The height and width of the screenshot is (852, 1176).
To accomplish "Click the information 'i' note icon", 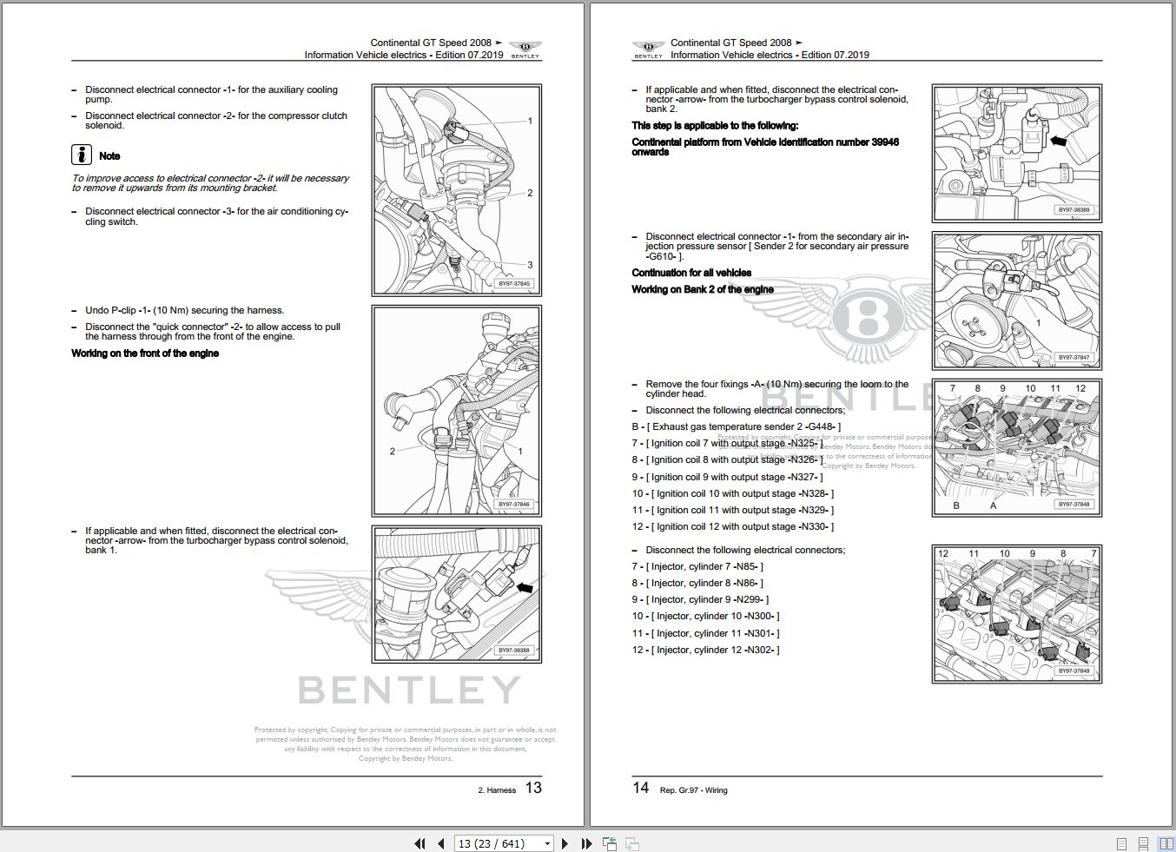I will point(81,155).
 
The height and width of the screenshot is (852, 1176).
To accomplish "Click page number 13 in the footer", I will point(533,788).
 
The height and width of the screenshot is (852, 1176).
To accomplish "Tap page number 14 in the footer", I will point(640,788).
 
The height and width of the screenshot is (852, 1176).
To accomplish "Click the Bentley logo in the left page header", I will point(525,49).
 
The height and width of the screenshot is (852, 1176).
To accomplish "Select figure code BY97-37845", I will point(514,283).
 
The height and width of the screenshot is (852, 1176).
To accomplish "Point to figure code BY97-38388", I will point(514,651).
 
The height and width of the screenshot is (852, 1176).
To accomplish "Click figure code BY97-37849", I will point(1074,670).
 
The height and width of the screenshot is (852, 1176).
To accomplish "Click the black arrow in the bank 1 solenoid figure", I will point(524,588).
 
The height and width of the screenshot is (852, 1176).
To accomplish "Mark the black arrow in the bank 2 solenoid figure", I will point(1058,140).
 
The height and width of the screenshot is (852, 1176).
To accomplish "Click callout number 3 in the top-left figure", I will point(530,265).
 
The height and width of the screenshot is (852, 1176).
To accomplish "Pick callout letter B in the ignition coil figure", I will point(956,505).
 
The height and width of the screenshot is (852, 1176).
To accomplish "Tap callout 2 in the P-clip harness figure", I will point(393,451).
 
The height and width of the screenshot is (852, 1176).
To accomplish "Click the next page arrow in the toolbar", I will point(565,843).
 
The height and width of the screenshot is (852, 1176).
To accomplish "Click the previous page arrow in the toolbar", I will point(441,843).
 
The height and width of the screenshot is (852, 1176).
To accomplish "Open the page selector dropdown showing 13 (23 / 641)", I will point(547,843).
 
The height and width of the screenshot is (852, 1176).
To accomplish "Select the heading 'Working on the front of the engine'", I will point(145,353).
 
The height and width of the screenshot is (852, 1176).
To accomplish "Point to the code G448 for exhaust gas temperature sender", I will point(822,426).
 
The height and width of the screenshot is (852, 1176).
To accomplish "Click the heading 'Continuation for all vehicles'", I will point(691,273).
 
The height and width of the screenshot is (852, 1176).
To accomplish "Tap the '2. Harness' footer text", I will point(497,790).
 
